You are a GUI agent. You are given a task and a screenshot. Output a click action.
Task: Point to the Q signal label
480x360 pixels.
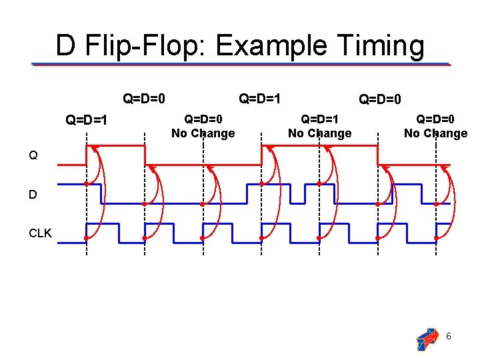(x=33, y=156)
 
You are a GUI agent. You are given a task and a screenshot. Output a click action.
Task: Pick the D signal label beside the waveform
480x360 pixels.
(x=33, y=195)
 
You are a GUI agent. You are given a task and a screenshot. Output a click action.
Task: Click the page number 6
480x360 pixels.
(x=449, y=337)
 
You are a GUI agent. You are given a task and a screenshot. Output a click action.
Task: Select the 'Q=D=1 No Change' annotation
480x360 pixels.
(x=319, y=126)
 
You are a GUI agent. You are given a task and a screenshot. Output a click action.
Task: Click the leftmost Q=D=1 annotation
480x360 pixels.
(x=86, y=121)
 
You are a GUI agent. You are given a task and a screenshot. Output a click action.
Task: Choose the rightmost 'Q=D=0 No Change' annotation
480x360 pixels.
(x=435, y=126)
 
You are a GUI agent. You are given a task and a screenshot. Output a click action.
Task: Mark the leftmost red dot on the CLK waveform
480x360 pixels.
(x=87, y=238)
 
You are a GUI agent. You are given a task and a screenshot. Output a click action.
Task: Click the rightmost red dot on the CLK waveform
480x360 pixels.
(x=436, y=238)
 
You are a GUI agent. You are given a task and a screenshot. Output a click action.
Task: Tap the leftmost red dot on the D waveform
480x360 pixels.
(x=87, y=183)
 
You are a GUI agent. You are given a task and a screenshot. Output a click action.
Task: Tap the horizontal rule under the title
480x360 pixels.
(x=241, y=64)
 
